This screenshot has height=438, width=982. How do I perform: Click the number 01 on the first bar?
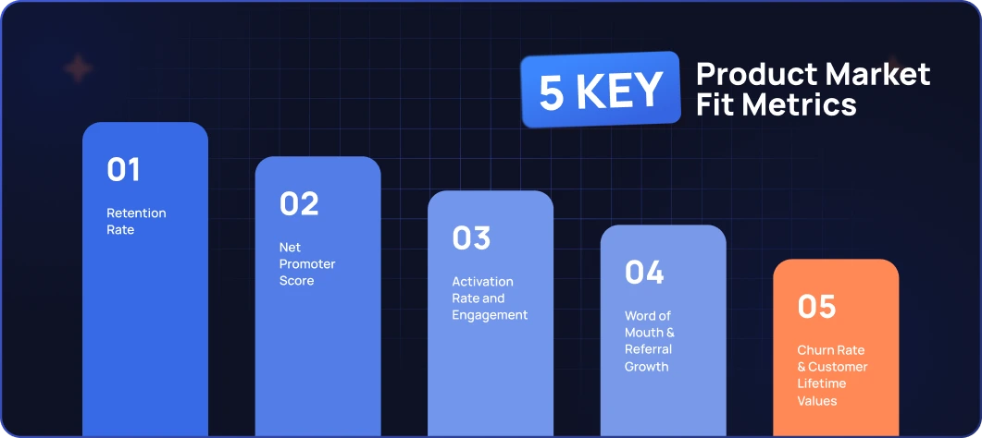123,169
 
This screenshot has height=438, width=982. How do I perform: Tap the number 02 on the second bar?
299,203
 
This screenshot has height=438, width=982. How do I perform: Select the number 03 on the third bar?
472,238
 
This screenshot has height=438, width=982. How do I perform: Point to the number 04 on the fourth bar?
644,273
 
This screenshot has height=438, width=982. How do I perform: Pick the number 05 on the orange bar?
816,307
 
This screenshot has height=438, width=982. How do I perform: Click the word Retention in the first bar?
137,213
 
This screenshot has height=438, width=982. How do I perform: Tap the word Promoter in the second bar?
307,264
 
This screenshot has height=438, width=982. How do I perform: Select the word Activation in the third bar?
483,282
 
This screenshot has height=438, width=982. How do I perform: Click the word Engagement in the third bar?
490,315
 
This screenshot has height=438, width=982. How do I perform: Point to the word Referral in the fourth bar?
648,349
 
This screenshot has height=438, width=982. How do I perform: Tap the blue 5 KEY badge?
601,90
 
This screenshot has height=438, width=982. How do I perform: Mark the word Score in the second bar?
297,281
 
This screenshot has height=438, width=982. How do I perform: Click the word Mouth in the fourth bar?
644,333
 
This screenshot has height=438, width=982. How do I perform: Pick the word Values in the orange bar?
817,400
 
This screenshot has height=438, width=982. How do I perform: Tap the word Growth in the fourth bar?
647,366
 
